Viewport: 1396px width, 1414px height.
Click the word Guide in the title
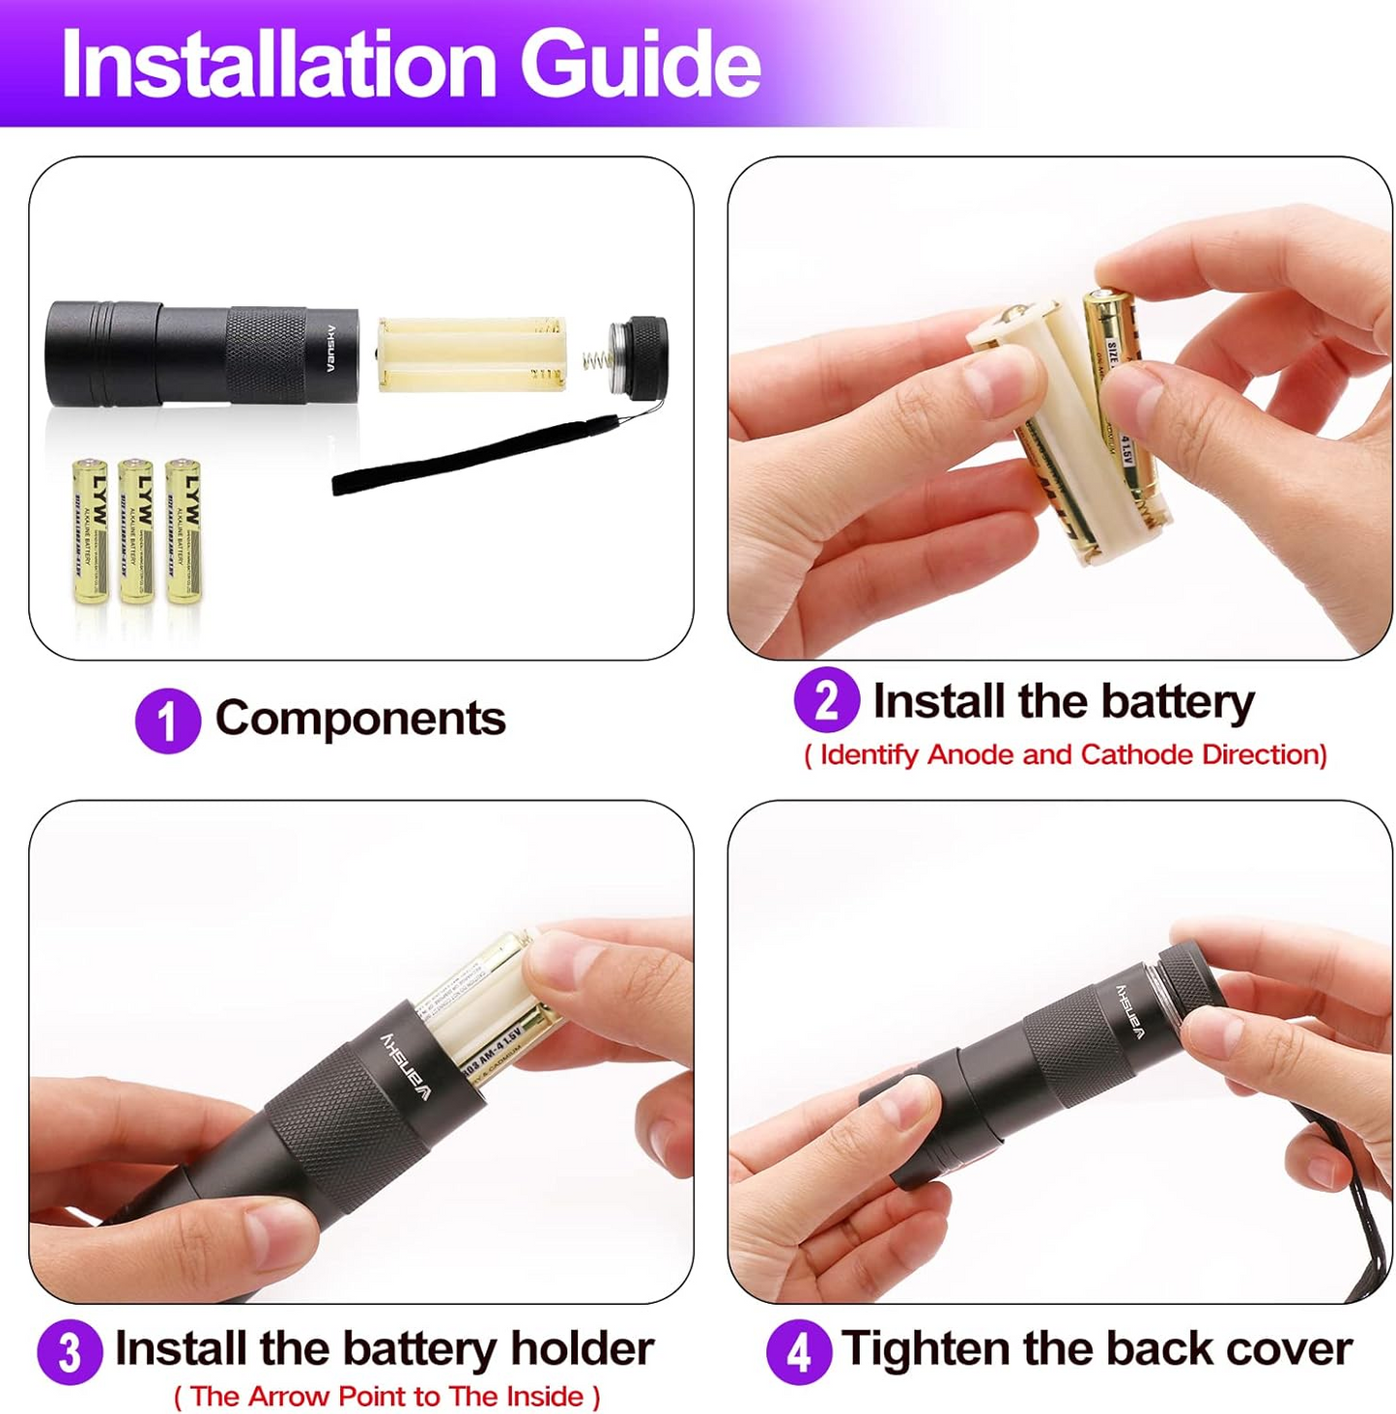coord(641,64)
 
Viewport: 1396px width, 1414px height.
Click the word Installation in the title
coord(278,64)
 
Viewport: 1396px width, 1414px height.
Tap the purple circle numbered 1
coord(167,721)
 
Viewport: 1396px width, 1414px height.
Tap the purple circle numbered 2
coord(826,700)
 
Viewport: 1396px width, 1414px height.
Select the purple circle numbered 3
coord(70,1352)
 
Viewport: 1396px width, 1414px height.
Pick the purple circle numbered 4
coord(798,1352)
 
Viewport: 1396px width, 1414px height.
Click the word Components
coord(360,719)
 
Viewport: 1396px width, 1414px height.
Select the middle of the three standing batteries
coord(136,531)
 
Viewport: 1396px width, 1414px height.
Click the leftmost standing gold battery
coord(91,531)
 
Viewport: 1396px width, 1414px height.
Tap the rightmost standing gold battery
coord(184,531)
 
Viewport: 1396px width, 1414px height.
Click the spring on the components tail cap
coord(597,363)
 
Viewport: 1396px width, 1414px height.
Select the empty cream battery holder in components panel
coord(470,353)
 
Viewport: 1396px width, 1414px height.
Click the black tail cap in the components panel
coord(641,357)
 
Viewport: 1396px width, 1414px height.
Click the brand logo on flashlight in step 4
coord(1128,1011)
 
